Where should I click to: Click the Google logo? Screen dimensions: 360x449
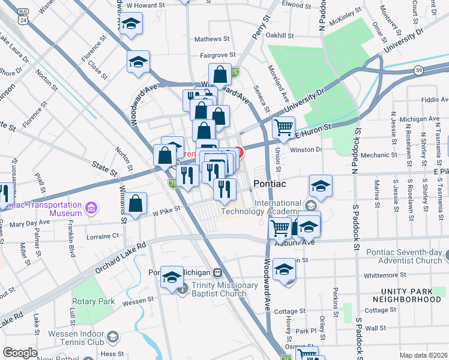[20, 353]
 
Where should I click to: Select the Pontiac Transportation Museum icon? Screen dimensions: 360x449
[91, 209]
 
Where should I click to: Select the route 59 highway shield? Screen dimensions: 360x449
[418, 70]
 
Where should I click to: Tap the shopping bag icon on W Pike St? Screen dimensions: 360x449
[137, 203]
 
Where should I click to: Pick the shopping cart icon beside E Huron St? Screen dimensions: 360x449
[283, 127]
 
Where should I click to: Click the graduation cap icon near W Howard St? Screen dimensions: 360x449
[131, 24]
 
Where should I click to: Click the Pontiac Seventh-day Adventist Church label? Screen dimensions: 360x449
[406, 256]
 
